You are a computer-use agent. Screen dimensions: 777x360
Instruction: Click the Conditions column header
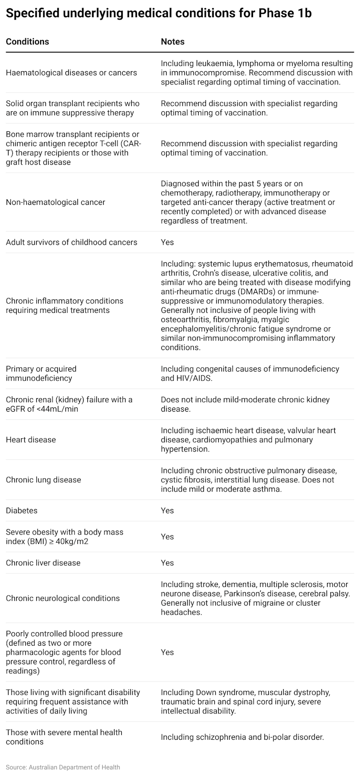(x=27, y=42)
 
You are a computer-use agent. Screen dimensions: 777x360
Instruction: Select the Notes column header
(x=172, y=42)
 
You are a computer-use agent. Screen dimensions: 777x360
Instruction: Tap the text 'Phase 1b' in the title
(x=285, y=13)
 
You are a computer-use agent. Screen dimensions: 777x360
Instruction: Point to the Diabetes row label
(x=21, y=511)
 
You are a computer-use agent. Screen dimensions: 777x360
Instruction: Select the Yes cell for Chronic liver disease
(x=167, y=563)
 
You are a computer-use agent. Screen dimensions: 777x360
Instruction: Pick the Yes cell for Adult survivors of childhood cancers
(x=167, y=242)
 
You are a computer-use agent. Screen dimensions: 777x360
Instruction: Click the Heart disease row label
(x=31, y=439)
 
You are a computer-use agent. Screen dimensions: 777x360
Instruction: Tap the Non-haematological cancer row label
(x=55, y=202)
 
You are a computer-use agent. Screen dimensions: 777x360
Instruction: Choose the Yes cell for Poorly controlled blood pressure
(x=167, y=652)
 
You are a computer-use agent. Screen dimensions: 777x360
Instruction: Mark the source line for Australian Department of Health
(x=63, y=767)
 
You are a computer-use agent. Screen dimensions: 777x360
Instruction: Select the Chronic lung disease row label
(x=43, y=479)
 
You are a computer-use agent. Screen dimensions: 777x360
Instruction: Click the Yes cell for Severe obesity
(x=167, y=537)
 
